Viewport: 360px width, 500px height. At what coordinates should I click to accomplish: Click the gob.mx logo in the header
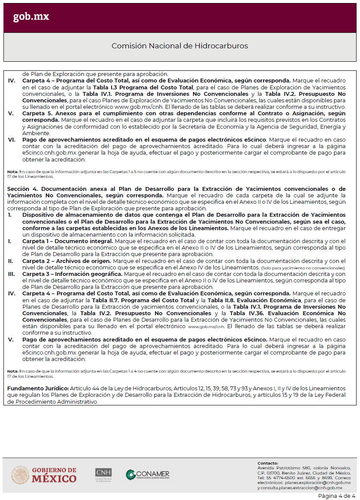click(x=31, y=17)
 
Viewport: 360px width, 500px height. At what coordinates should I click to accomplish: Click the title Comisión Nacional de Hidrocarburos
click(x=180, y=46)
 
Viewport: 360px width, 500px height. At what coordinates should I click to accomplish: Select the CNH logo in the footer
click(x=103, y=475)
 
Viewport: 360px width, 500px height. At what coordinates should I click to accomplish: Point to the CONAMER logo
click(x=148, y=475)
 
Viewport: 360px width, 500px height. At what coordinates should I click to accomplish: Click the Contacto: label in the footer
click(x=268, y=463)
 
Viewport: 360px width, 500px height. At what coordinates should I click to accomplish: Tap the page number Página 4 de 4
click(x=337, y=496)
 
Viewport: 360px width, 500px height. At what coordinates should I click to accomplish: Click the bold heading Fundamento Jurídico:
click(x=38, y=389)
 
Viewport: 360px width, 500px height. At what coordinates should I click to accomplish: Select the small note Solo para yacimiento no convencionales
click(x=303, y=268)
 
